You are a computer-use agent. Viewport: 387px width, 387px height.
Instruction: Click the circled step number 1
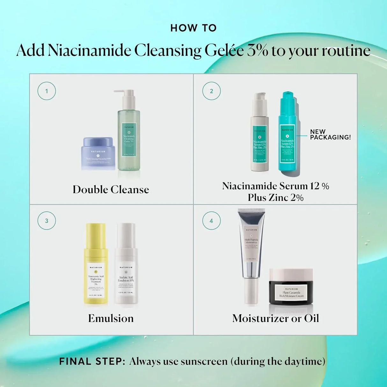(47, 91)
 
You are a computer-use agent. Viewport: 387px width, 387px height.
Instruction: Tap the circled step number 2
(211, 91)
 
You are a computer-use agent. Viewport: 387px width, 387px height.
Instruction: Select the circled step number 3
(47, 221)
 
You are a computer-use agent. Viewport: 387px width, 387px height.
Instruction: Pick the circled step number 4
(211, 221)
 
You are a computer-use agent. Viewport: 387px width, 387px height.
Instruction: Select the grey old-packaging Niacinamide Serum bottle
(259, 137)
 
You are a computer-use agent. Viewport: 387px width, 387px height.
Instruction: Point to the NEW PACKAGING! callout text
(330, 135)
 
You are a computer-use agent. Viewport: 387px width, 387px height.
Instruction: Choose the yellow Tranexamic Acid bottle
(96, 268)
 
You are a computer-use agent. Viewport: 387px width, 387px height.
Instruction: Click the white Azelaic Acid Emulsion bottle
(126, 268)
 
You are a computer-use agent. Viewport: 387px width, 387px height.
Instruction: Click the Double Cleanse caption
(111, 190)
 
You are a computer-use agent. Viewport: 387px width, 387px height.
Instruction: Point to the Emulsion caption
(111, 318)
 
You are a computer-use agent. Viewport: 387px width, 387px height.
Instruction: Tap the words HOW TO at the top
(193, 28)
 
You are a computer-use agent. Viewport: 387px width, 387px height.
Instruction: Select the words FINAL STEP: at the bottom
(92, 361)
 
